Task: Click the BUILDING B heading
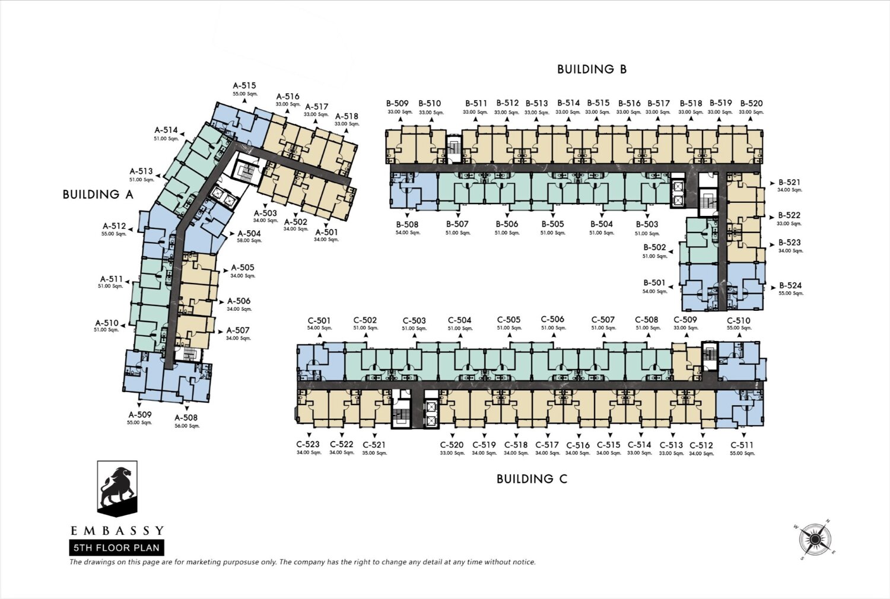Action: click(592, 69)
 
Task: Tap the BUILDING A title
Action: click(98, 195)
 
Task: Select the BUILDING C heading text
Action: click(532, 479)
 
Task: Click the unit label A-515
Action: click(244, 85)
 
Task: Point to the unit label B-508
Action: click(407, 224)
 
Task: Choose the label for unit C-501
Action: click(319, 320)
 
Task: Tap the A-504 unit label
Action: click(249, 234)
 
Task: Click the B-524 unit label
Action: click(790, 286)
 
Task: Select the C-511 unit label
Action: click(742, 445)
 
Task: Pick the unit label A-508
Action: click(186, 418)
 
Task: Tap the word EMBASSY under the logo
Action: click(117, 531)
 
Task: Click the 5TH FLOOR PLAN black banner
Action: click(116, 548)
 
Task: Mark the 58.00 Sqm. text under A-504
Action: click(249, 241)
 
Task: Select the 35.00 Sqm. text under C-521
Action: click(374, 453)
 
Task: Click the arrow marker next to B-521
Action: click(773, 183)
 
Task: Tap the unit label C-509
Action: click(685, 320)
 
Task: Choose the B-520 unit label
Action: click(751, 104)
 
